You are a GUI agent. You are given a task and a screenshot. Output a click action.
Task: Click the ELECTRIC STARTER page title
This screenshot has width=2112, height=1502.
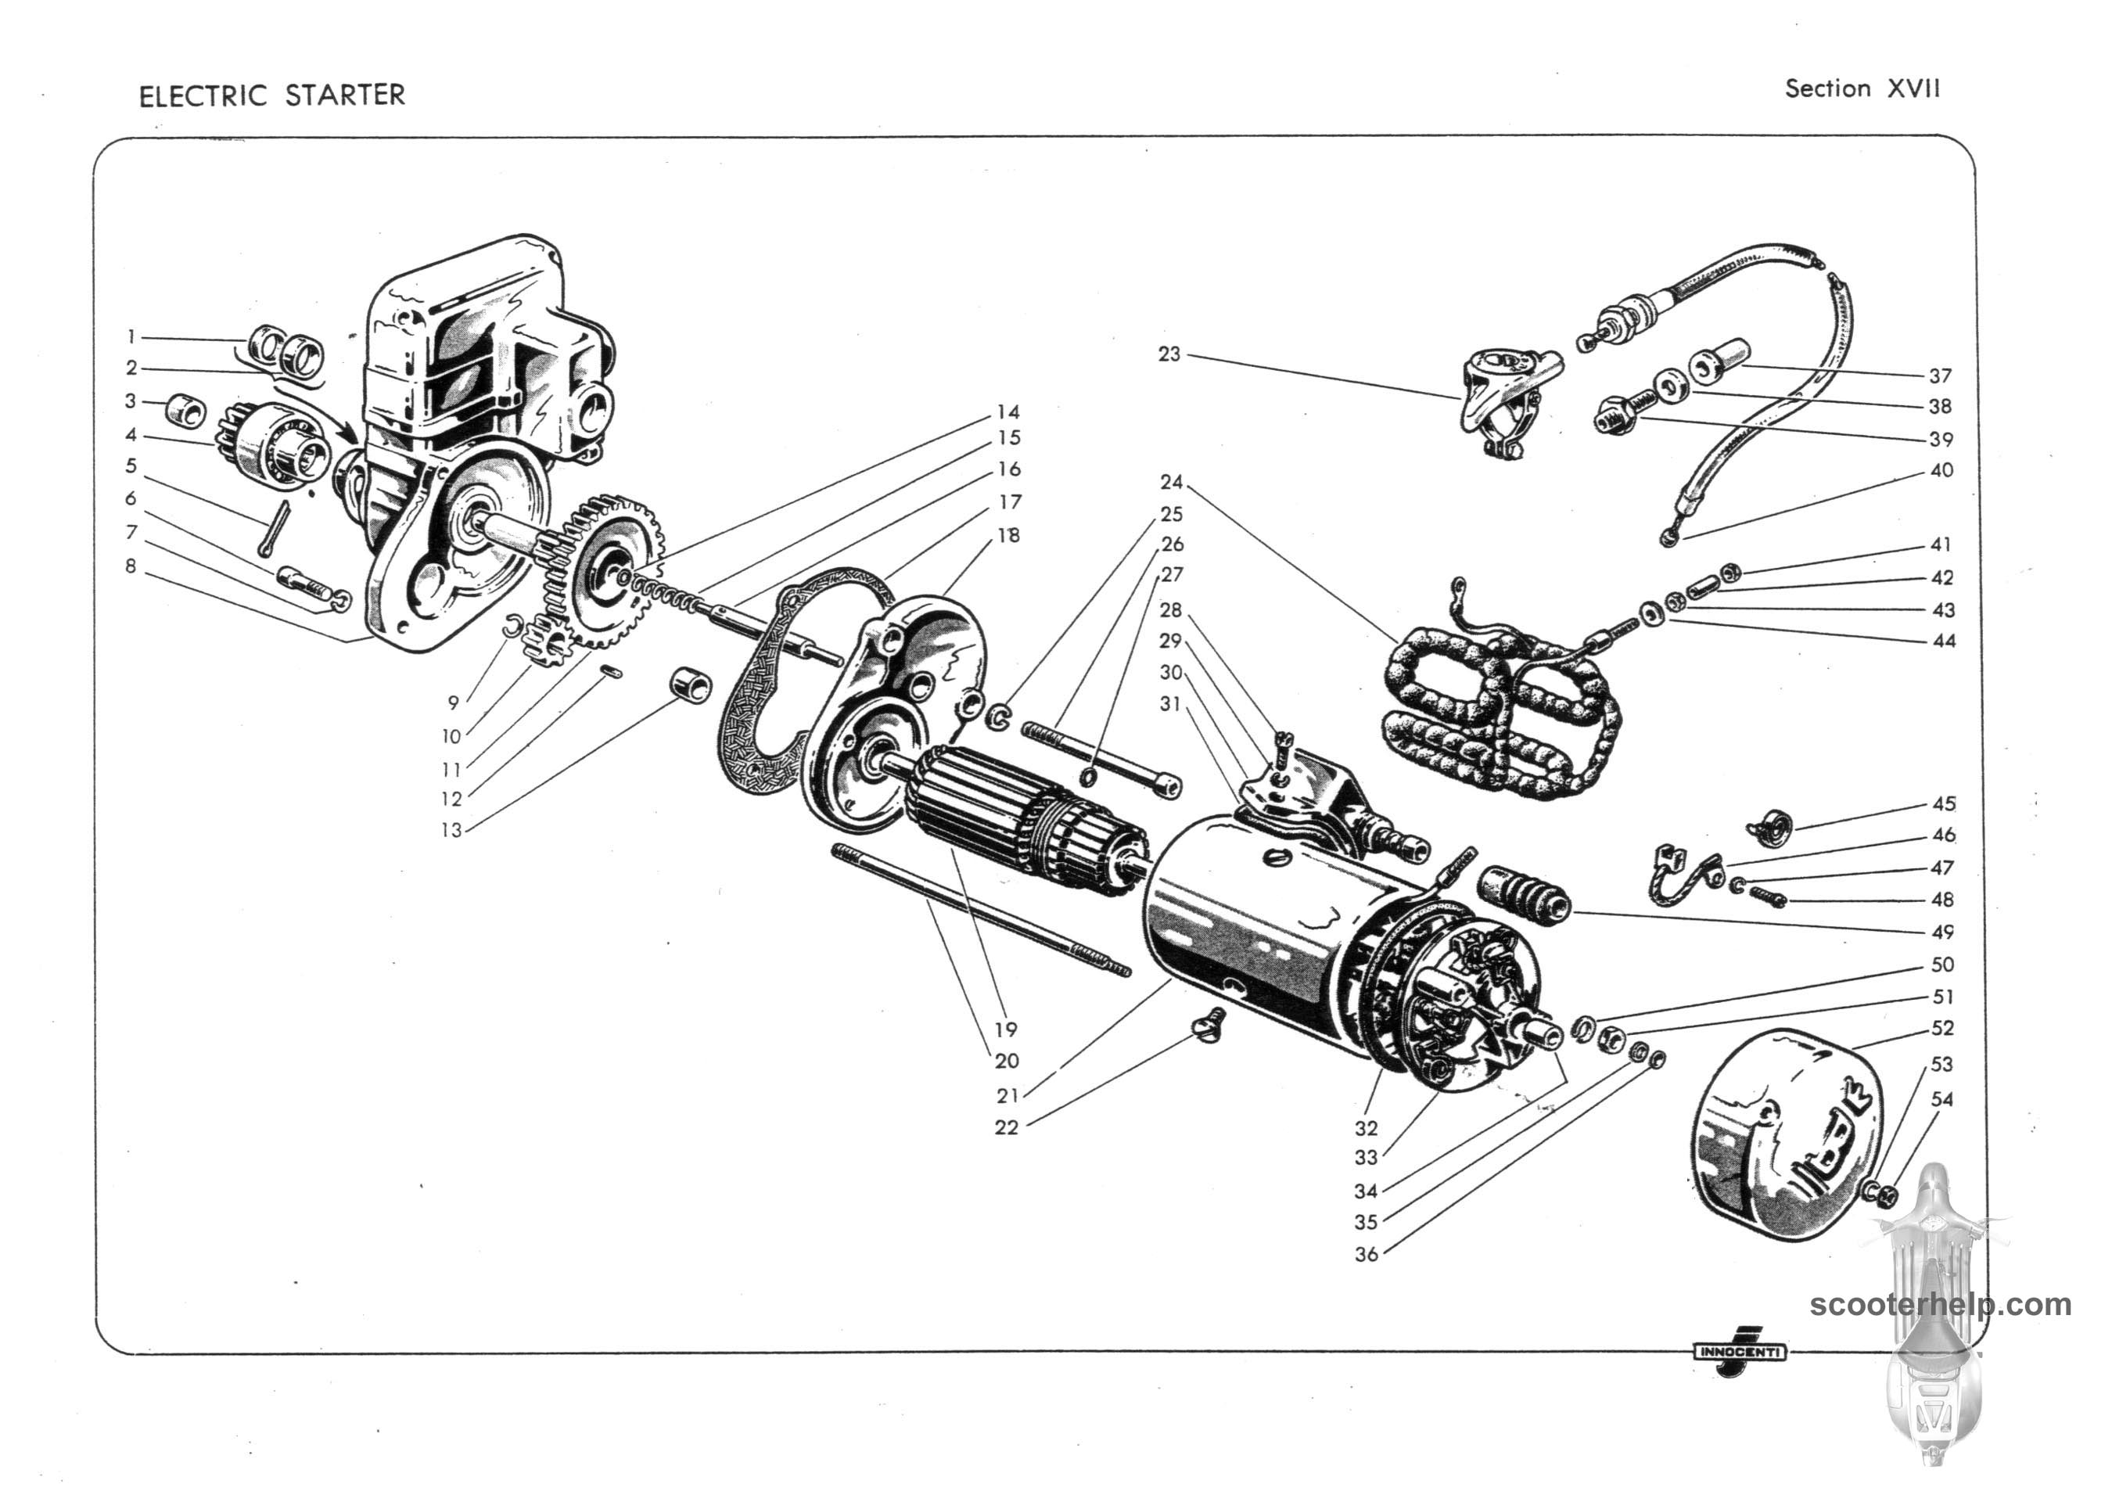click(x=272, y=95)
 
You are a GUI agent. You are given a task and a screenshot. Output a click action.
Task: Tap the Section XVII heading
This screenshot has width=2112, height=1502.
click(x=1862, y=88)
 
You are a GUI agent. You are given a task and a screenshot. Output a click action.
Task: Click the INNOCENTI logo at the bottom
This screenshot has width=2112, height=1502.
click(x=1738, y=1351)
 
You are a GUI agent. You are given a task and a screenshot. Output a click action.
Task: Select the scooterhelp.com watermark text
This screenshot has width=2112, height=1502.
click(x=1940, y=1305)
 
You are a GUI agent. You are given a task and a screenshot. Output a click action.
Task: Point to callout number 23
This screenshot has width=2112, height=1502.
click(x=1169, y=354)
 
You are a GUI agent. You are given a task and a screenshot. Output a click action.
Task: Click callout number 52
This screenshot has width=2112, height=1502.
click(x=1941, y=1027)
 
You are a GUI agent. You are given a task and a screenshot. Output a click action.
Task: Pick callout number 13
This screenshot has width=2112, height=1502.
click(x=451, y=829)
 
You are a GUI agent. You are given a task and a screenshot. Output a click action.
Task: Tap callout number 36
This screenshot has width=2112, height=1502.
click(x=1366, y=1254)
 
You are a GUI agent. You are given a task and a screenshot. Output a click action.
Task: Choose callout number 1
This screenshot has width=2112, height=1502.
click(x=131, y=336)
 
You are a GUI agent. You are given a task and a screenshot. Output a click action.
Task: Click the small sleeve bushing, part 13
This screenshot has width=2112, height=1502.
click(x=691, y=687)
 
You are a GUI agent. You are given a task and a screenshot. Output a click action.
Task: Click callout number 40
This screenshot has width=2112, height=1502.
click(x=1941, y=470)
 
